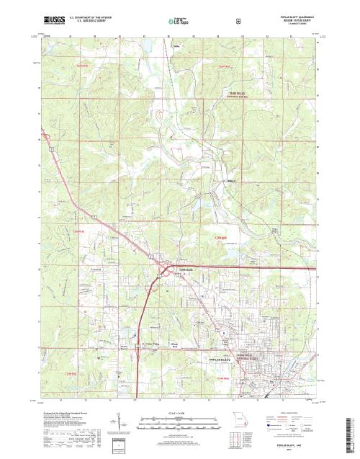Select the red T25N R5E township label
point(60,66)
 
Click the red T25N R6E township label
point(225,66)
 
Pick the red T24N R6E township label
point(222,237)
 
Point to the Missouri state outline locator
point(240,416)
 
